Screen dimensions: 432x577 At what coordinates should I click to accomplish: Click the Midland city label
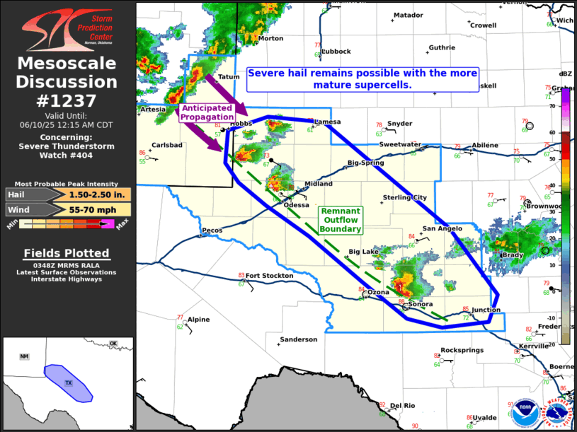click(318, 184)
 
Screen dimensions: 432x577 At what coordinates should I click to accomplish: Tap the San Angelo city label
click(442, 228)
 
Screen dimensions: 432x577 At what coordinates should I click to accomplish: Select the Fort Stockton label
click(269, 276)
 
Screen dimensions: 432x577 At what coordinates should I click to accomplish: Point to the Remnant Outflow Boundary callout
click(341, 220)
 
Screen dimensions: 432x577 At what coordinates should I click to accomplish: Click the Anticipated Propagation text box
click(206, 112)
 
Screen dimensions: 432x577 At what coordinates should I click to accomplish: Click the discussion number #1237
click(67, 100)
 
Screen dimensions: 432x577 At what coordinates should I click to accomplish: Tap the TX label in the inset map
click(69, 383)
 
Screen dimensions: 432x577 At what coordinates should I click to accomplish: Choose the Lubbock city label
click(336, 52)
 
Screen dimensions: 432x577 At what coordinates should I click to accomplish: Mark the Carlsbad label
click(167, 145)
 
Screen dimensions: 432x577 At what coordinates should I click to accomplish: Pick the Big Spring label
click(366, 163)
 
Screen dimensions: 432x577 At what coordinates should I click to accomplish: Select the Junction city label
click(486, 310)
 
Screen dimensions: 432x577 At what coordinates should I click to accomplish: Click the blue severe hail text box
click(362, 78)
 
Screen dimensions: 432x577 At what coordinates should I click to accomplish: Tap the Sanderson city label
click(298, 339)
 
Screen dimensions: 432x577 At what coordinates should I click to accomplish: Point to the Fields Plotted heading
click(67, 253)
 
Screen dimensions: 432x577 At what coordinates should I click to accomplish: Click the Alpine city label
click(198, 320)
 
